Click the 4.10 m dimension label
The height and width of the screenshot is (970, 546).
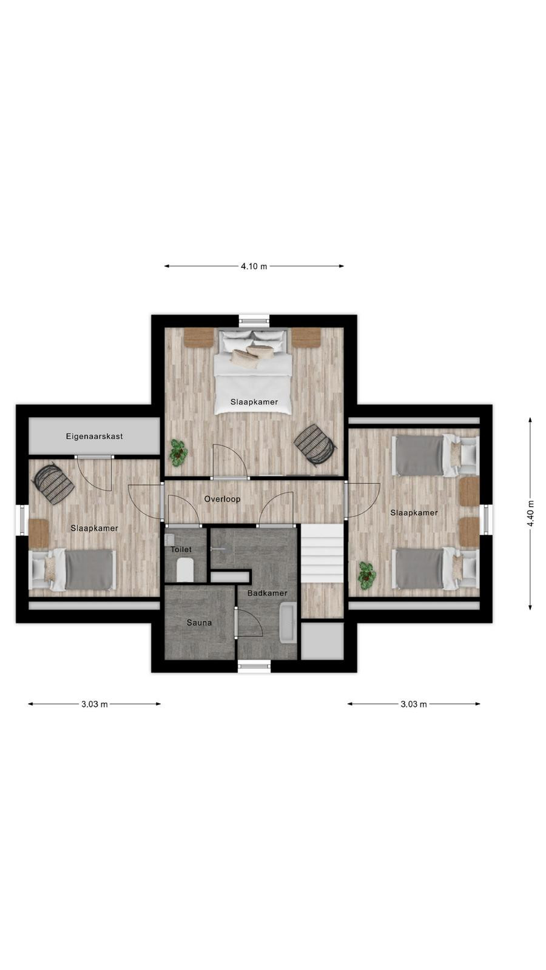[x=254, y=266]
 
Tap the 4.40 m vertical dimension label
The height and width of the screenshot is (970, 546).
[x=530, y=513]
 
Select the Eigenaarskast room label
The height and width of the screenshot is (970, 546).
[x=95, y=436]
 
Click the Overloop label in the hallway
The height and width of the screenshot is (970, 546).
[x=222, y=499]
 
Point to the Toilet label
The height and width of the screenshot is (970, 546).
[x=181, y=549]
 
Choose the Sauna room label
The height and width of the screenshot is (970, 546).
[x=200, y=623]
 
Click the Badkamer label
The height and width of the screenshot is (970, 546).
[x=268, y=593]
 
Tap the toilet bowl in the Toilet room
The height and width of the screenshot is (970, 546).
[x=185, y=570]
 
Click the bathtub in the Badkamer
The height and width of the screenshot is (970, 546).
[x=288, y=622]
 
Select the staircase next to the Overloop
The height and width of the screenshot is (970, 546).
[x=322, y=554]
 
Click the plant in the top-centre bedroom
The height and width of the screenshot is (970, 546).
[x=178, y=453]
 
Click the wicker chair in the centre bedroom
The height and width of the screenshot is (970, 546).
[x=315, y=445]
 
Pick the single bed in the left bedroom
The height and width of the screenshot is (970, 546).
[x=72, y=569]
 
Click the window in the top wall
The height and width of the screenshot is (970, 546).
[x=254, y=321]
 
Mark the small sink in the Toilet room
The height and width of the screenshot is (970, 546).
[x=169, y=540]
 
